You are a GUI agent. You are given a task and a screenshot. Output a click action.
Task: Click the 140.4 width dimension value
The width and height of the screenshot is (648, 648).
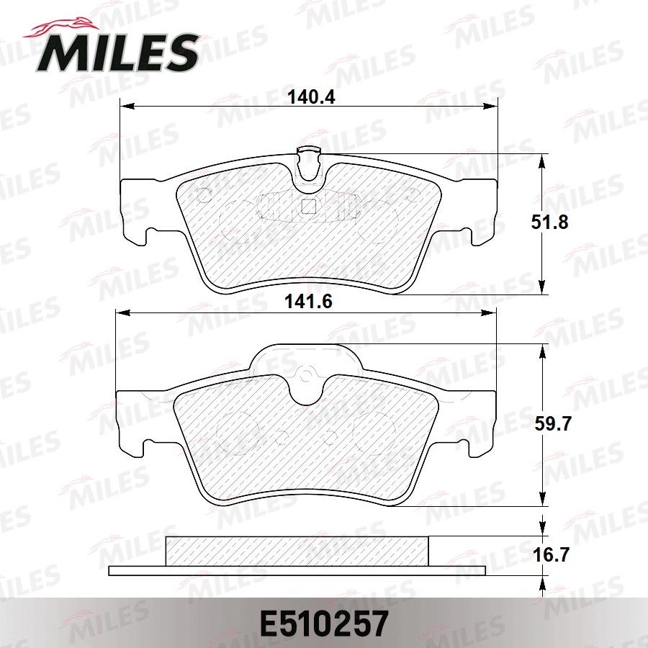(312, 96)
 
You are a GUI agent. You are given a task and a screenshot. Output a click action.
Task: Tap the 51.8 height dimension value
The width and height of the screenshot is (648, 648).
(549, 222)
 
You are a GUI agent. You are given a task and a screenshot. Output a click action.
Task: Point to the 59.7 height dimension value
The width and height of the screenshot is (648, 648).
(552, 425)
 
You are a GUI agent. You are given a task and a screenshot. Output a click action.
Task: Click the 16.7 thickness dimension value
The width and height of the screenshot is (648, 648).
(550, 555)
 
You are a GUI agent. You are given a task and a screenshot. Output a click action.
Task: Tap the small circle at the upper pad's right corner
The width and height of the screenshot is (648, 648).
(413, 194)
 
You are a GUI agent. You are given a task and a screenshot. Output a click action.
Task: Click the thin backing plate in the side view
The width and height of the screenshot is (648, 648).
(297, 571)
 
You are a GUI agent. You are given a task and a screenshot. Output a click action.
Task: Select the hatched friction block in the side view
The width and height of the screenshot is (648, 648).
(297, 551)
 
